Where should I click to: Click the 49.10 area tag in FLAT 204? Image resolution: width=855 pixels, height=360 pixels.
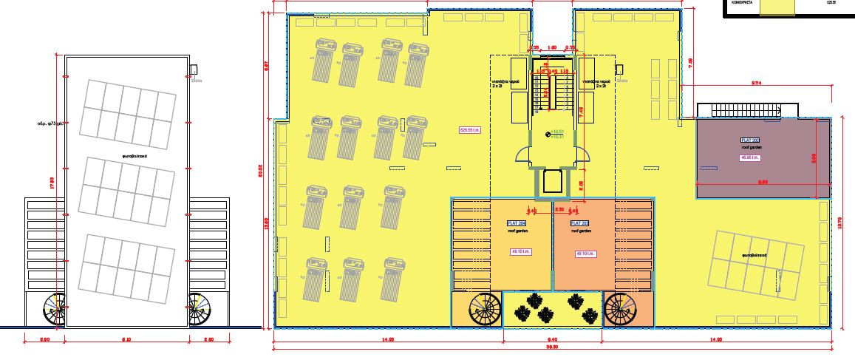517,252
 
